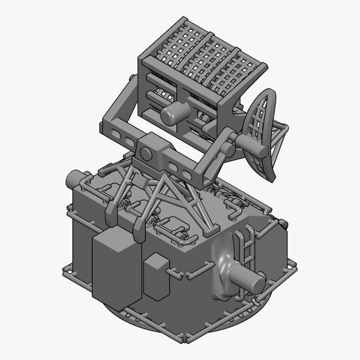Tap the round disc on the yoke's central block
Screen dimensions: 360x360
click(146, 154)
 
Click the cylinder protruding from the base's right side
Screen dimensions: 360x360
click(250, 282)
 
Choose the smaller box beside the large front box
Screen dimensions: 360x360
click(157, 277)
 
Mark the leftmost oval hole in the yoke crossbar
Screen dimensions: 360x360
click(116, 134)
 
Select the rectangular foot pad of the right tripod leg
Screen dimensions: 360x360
click(209, 233)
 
